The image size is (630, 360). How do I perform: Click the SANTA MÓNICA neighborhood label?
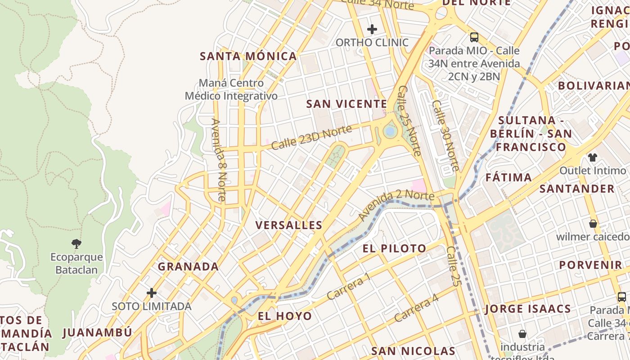pos(248,56)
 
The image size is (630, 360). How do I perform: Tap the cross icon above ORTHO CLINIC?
pos(372,30)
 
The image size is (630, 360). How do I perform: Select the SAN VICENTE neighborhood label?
pos(346,104)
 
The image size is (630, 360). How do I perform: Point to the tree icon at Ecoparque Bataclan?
pos(76,244)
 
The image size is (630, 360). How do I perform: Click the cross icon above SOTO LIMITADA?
pos(152,293)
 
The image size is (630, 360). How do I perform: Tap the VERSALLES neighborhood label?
pos(289,225)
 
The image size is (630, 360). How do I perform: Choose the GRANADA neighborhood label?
pos(188,266)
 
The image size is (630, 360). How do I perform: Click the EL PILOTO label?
pos(395,248)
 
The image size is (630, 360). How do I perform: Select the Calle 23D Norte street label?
pos(311,138)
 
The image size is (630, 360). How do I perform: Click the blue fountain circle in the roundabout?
pos(390,131)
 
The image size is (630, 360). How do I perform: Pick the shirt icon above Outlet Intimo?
pos(593,157)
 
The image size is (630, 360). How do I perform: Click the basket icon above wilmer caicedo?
pos(593,224)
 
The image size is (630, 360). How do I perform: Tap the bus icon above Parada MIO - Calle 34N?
pos(474,37)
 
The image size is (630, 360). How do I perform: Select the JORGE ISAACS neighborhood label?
pos(528,309)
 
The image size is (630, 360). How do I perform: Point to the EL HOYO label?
pos(285,316)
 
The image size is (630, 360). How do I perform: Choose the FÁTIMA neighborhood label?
pos(508,178)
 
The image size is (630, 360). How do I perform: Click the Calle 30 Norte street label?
pos(445,135)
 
